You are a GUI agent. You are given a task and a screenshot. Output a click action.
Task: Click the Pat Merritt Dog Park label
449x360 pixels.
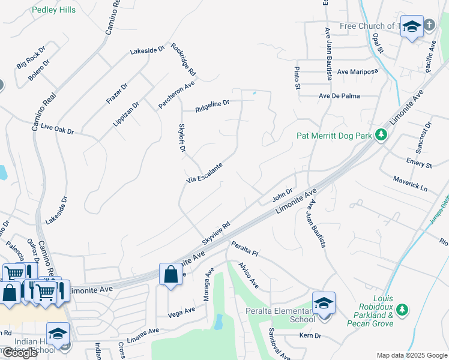[x=334, y=136]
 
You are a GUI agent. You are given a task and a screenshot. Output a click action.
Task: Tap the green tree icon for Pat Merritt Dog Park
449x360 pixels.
[x=381, y=135]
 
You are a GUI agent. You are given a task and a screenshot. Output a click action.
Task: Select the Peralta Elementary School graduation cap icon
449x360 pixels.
[x=324, y=302]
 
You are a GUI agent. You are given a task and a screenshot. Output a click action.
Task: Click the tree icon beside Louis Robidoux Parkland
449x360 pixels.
[x=403, y=310]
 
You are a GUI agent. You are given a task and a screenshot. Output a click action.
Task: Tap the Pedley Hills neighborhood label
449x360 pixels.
[x=53, y=10]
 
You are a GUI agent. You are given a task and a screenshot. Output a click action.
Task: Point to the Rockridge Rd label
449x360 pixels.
[x=184, y=59]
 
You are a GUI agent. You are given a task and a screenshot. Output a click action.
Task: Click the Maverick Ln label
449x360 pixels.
[x=411, y=184]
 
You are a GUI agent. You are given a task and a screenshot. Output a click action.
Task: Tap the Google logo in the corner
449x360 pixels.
[x=19, y=352]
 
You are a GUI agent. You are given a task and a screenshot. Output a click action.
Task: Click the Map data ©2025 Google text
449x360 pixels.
[x=411, y=355]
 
